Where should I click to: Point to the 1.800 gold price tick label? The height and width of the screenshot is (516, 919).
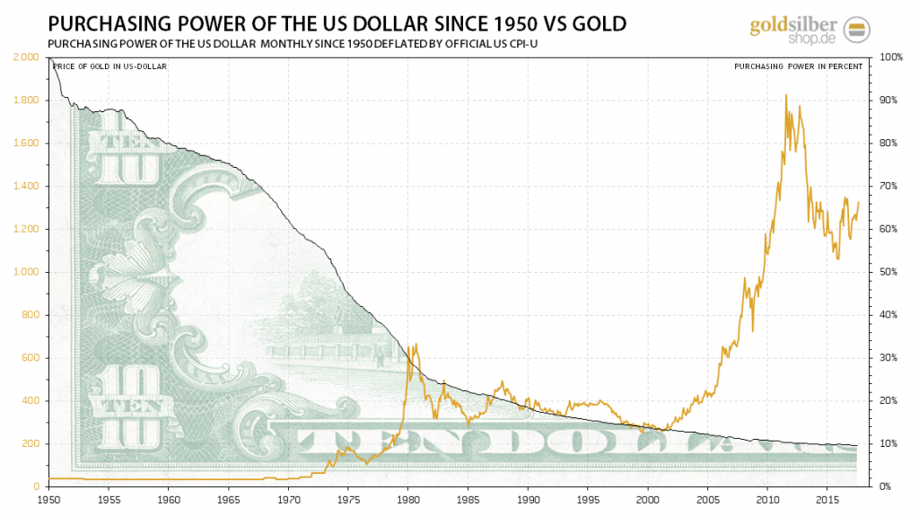tap(27, 101)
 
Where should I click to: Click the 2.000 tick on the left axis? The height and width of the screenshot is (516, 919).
tap(27, 57)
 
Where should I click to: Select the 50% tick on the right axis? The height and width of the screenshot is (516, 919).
tap(888, 272)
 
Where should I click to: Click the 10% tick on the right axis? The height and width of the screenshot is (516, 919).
tap(888, 444)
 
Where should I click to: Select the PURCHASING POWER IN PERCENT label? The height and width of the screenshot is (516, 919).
tap(798, 66)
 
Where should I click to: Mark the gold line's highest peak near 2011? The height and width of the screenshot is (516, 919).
tap(786, 95)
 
